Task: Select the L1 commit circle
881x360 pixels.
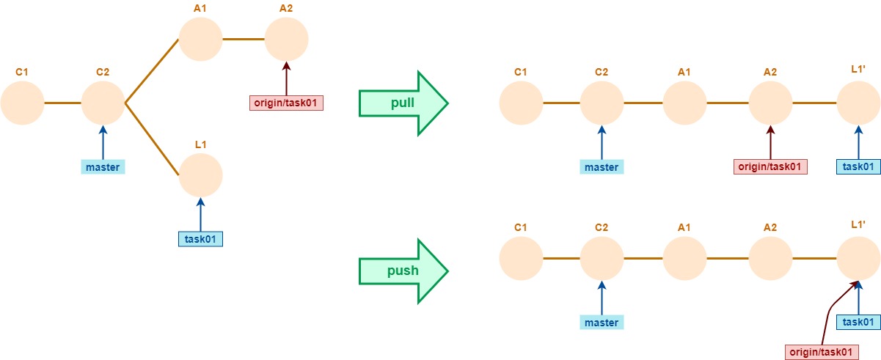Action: (200, 175)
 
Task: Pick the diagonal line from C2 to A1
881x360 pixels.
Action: (152, 70)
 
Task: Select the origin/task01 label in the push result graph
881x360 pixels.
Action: (821, 353)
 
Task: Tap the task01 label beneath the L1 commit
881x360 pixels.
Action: (200, 238)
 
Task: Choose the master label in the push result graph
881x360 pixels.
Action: (602, 322)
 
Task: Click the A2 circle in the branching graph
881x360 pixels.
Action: (286, 39)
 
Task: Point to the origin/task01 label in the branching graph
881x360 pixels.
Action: (286, 103)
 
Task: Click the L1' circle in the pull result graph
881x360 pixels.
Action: (858, 103)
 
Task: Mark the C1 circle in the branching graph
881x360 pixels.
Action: (22, 103)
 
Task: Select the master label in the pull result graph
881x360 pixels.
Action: (602, 166)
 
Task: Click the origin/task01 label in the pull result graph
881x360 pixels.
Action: (770, 166)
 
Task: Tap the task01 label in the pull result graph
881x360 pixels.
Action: (858, 166)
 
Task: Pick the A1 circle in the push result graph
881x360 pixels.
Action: (684, 258)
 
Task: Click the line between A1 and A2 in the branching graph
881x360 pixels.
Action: (243, 39)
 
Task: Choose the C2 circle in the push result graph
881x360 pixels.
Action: (602, 258)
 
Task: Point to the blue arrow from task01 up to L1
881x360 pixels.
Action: (200, 214)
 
